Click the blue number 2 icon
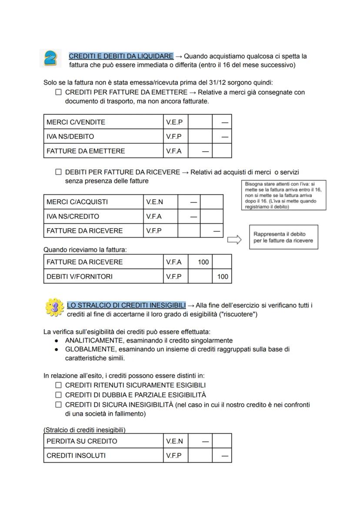tap(50, 58)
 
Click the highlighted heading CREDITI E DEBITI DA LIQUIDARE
tap(121, 56)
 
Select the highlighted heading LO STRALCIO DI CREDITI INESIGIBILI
tap(126, 305)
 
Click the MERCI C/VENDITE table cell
tap(103, 122)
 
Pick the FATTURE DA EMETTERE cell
tap(103, 151)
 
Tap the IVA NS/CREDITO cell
tap(93, 216)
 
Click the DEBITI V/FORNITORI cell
tap(103, 276)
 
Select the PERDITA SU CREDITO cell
tap(103, 441)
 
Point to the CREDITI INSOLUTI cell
tap(103, 455)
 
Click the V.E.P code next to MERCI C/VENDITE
tap(174, 122)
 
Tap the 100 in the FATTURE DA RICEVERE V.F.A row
tap(203, 262)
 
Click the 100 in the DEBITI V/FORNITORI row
tap(223, 276)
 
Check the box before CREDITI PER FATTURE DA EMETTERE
tap(58, 92)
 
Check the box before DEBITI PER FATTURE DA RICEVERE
tap(58, 172)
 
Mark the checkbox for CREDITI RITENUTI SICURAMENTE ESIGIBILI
tap(58, 385)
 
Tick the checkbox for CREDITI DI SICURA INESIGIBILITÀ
tap(58, 405)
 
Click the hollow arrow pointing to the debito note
tap(234, 240)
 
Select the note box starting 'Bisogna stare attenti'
tap(283, 195)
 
